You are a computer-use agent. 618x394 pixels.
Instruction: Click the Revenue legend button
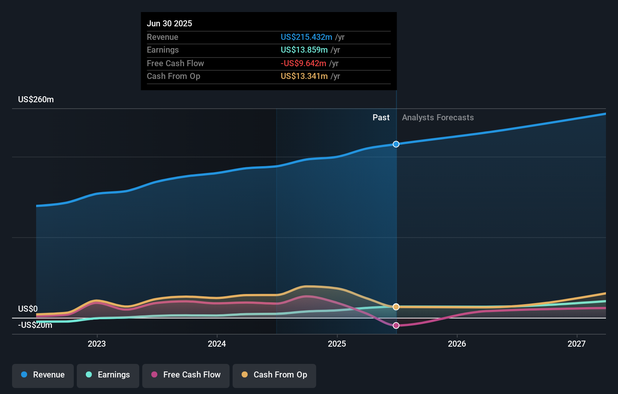click(x=43, y=375)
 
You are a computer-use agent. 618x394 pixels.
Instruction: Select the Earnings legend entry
click(x=108, y=375)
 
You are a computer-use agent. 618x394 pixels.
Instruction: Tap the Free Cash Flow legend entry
click(x=186, y=375)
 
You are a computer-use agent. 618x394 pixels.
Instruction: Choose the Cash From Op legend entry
click(x=274, y=375)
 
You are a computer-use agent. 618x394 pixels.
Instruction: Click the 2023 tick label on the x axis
click(x=97, y=344)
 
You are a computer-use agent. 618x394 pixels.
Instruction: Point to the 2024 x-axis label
click(x=217, y=344)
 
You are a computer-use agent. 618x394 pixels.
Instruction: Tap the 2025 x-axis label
click(x=337, y=344)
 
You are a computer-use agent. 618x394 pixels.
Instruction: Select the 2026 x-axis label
click(x=457, y=344)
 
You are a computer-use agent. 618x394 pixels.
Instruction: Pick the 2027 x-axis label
click(x=577, y=344)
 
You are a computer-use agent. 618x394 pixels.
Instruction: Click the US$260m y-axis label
click(x=36, y=100)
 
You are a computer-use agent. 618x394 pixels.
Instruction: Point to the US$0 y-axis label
click(x=28, y=309)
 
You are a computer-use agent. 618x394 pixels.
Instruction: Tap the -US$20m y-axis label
click(x=35, y=325)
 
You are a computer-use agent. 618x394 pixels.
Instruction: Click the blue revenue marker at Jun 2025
click(x=396, y=144)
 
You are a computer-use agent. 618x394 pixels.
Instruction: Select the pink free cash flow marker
click(x=396, y=326)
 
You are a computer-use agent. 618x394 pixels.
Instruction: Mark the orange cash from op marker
click(x=396, y=307)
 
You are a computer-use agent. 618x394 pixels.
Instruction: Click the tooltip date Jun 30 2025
click(x=169, y=24)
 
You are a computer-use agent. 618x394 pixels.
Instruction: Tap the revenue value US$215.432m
click(x=306, y=37)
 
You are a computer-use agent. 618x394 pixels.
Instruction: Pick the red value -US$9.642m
click(x=303, y=64)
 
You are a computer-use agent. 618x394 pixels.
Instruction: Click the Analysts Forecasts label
click(x=438, y=118)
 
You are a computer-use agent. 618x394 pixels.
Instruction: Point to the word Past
click(x=381, y=118)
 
